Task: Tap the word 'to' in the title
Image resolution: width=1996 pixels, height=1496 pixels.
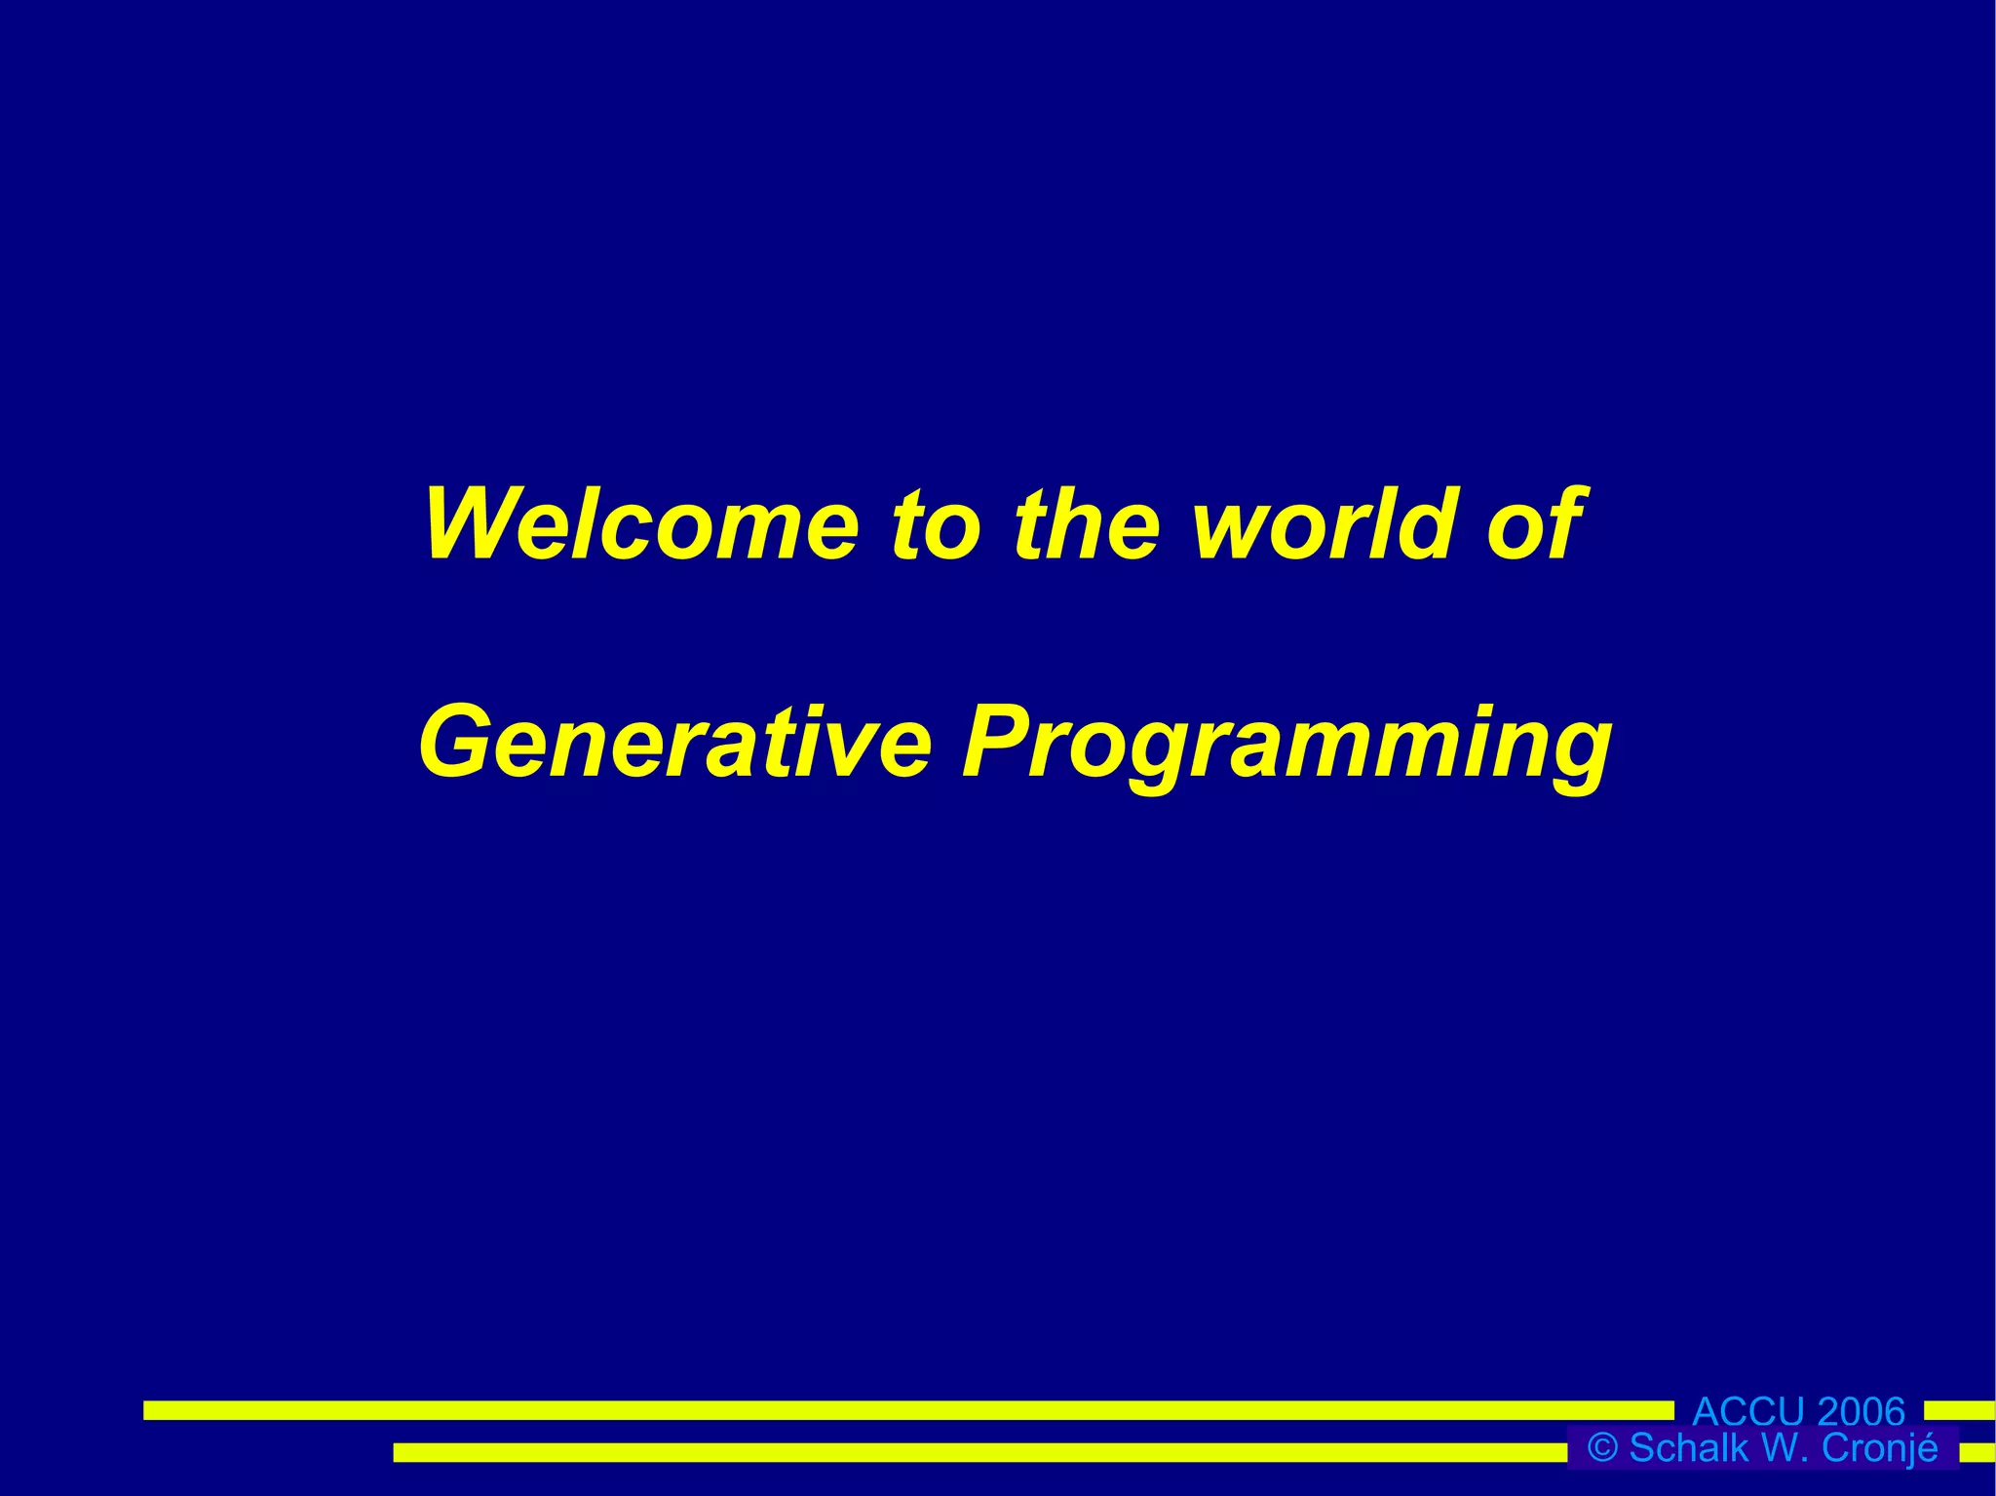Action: (936, 526)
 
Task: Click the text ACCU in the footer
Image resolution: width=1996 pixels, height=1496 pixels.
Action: (1748, 1411)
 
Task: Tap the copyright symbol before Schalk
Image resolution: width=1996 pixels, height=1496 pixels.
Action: (1602, 1448)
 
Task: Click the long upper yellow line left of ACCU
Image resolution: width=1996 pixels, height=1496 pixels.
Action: (906, 1410)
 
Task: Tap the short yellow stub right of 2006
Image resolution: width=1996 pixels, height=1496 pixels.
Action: (1959, 1410)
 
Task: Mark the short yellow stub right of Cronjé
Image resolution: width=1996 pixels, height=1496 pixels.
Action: (1977, 1452)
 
